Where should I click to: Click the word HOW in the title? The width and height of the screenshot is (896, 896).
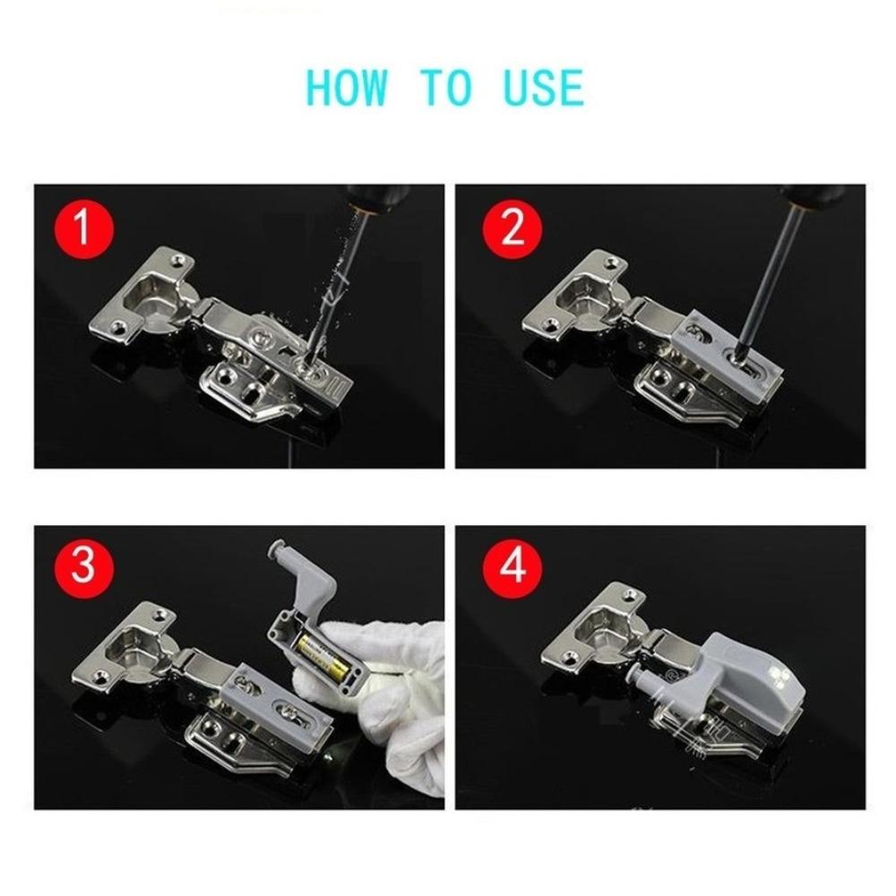point(348,88)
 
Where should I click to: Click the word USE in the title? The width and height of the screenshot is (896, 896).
point(540,88)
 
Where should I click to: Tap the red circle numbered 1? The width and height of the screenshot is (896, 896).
point(83,229)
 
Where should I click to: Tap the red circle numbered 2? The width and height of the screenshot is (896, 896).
point(512,229)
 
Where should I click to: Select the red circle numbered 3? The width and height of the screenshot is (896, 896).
point(83,567)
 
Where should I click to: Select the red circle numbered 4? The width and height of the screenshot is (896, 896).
point(512,567)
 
